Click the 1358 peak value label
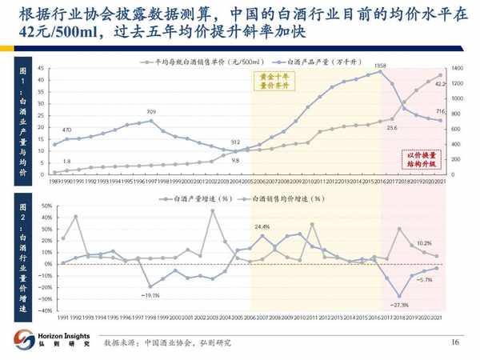381,65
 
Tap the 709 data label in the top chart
151,111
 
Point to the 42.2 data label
439,83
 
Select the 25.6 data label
392,127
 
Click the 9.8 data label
235,160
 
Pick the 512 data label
235,142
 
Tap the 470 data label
66,129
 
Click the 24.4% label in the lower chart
262,227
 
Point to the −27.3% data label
401,305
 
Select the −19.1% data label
149,295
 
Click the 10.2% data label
424,242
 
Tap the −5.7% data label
425,279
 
